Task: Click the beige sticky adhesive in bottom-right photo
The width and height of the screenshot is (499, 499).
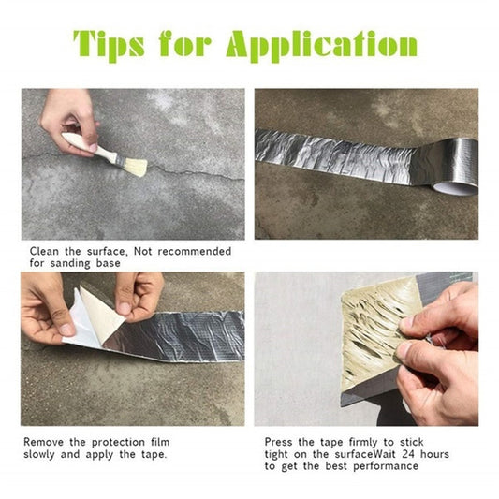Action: (x=374, y=323)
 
